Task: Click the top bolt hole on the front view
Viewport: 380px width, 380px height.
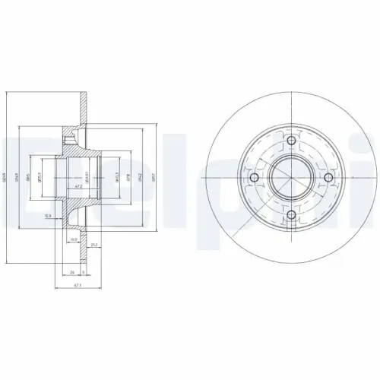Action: point(291,142)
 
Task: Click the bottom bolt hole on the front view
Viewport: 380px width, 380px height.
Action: point(291,215)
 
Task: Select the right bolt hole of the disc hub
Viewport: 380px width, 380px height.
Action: point(328,179)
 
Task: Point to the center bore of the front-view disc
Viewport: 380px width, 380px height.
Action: point(291,179)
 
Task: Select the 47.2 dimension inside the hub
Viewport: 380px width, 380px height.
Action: point(78,185)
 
